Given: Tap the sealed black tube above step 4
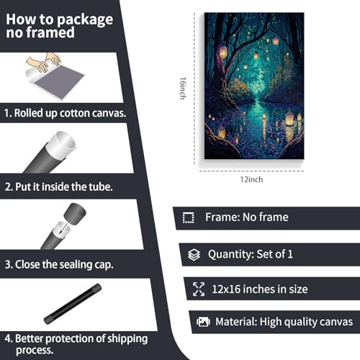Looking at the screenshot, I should (72, 305).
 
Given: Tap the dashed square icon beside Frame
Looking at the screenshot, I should (189, 217).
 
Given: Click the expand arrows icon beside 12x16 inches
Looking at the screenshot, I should (199, 289).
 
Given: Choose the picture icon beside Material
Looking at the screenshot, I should (204, 322).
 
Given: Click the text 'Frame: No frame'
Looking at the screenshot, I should (246, 217).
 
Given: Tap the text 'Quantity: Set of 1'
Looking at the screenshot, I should (250, 254).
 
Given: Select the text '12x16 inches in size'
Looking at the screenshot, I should (260, 289).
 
